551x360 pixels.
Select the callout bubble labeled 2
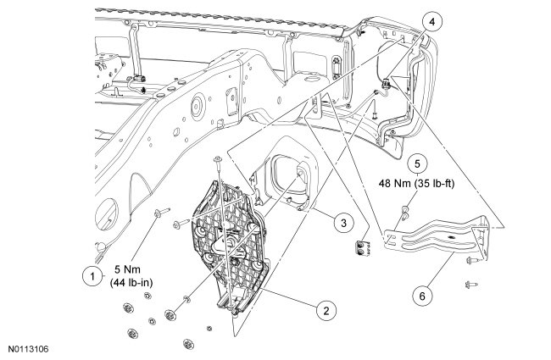(323, 311)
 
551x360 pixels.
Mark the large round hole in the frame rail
(196, 108)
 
